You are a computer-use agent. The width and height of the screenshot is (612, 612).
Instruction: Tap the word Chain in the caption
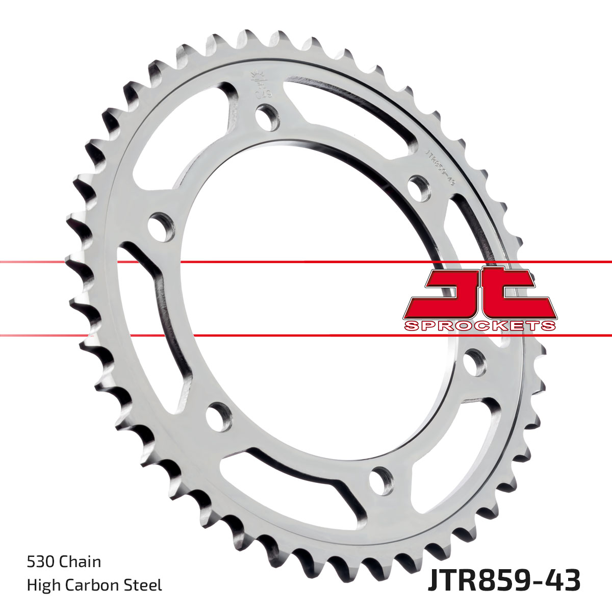coord(80,562)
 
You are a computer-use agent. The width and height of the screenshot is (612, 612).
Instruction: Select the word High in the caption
coord(42,585)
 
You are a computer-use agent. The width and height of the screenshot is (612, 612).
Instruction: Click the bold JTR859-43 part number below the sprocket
coord(504,581)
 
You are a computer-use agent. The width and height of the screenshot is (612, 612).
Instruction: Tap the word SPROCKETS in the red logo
coord(479,325)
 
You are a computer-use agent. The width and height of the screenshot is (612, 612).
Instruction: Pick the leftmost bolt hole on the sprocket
coord(160,227)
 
